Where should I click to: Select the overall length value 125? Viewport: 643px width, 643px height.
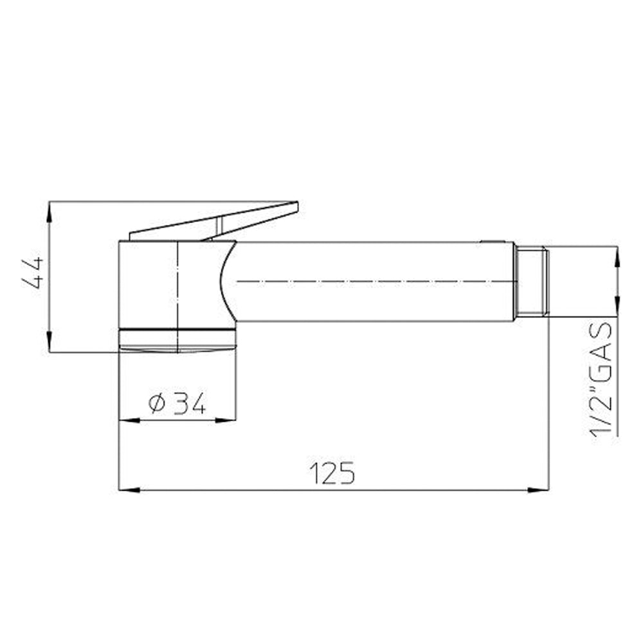pos(333,473)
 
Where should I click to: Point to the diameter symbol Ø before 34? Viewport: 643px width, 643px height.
pos(157,404)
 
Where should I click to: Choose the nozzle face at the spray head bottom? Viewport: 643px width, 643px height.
pos(177,348)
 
